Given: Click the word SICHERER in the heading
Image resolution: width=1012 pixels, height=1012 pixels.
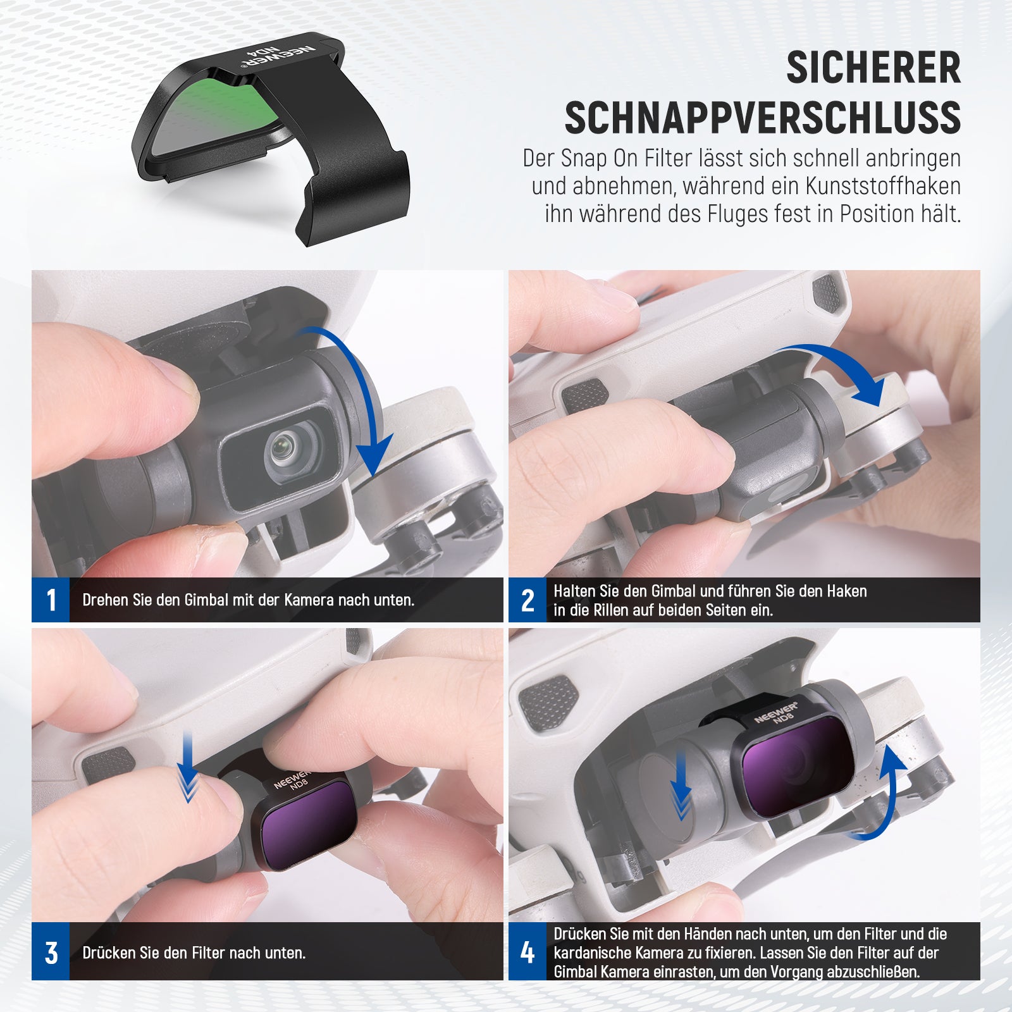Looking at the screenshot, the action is pos(873,68).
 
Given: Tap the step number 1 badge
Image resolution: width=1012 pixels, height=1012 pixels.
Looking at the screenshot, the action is pos(51,600).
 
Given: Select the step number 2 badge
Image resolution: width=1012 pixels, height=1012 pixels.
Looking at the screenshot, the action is pos(528,600).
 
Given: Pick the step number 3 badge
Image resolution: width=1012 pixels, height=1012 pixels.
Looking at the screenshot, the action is pos(51,953).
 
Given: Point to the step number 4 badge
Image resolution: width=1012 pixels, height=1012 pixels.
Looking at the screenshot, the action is pos(528,953).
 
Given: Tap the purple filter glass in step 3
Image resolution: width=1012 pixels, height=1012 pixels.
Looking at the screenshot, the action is pos(309,824).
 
